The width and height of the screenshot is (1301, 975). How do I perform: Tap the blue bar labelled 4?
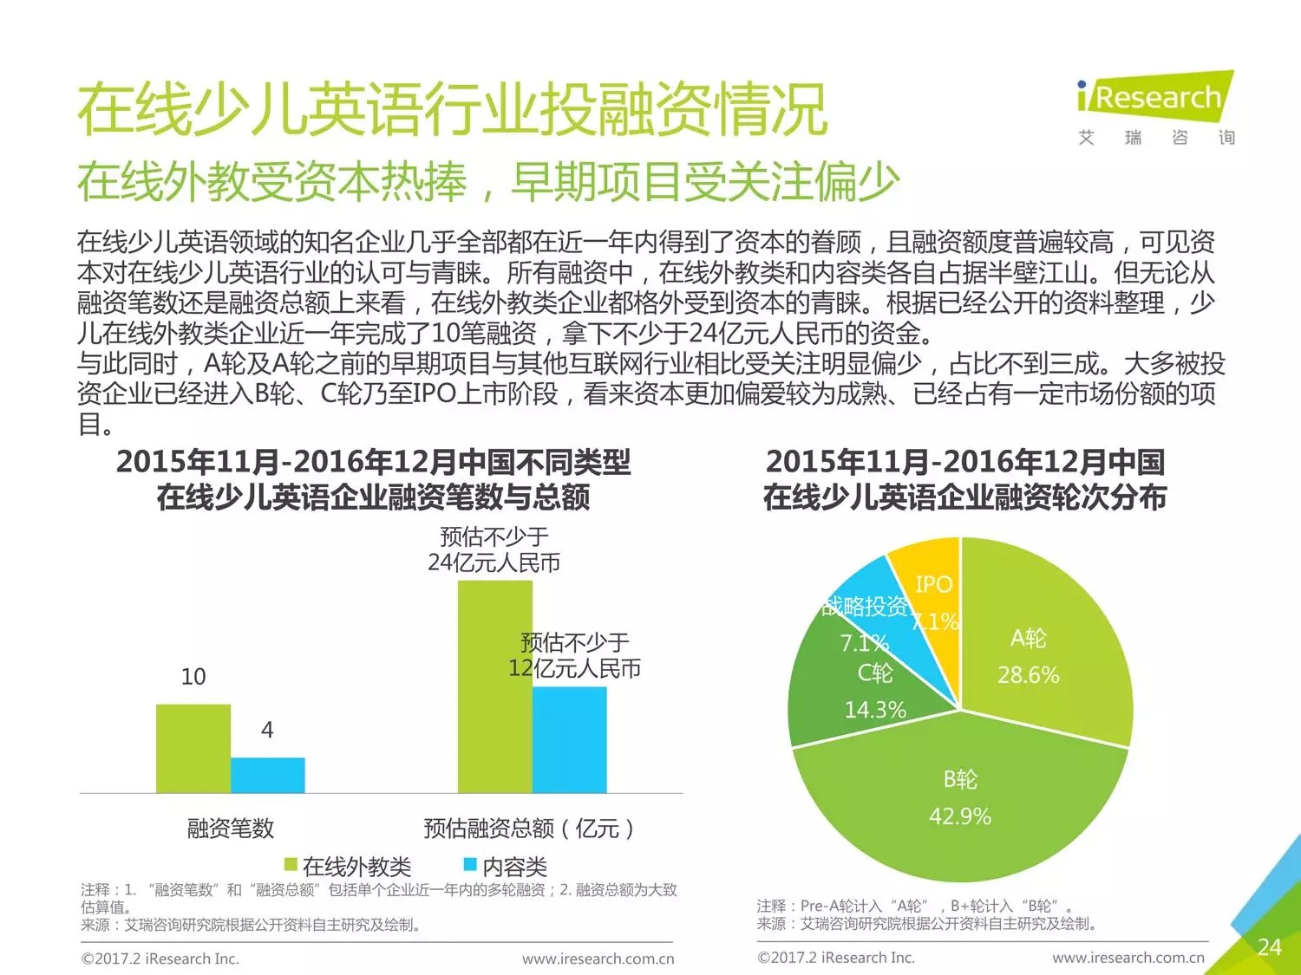pos(267,775)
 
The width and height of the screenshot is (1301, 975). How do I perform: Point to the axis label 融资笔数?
pos(230,828)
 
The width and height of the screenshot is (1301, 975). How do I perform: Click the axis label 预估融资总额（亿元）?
pos(528,829)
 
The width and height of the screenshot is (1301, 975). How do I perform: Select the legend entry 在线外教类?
pos(348,866)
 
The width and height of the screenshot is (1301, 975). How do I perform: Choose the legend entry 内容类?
pos(505,866)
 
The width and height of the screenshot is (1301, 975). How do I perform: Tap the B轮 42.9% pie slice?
pos(960,806)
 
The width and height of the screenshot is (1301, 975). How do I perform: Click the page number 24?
pos(1269,946)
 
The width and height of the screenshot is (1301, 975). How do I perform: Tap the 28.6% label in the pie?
pos(1028,675)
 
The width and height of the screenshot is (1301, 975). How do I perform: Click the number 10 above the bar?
pos(193,677)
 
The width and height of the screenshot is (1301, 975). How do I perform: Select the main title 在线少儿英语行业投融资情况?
pos(452,110)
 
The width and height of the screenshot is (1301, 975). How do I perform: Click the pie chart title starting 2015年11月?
pos(964,479)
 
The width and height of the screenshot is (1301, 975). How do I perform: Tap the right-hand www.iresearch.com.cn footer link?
pos(1128,958)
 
